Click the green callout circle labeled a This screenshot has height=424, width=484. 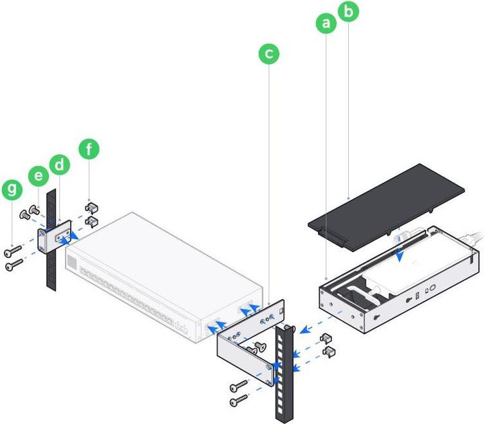tap(327, 24)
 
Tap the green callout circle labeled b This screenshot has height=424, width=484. tap(348, 12)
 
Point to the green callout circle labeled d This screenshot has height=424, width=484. tap(60, 165)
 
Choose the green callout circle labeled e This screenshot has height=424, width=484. tap(38, 177)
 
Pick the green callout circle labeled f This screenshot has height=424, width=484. tap(89, 149)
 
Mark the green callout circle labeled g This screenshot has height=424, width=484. tap(11, 190)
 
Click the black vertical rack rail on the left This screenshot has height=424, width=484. tap(50, 269)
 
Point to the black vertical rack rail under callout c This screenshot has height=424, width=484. tap(283, 376)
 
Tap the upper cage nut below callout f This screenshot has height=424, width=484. tap(92, 208)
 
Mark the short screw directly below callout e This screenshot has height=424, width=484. tap(35, 209)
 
